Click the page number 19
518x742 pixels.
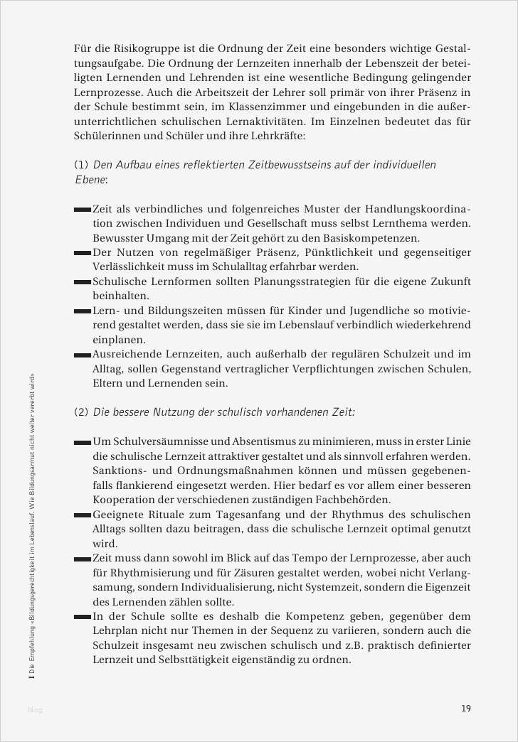(x=465, y=708)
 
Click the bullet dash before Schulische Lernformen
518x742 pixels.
(x=83, y=282)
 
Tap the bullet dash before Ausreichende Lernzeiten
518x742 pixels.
(x=83, y=354)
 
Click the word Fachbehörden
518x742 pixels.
(x=353, y=500)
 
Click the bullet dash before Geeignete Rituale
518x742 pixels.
(x=83, y=515)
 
